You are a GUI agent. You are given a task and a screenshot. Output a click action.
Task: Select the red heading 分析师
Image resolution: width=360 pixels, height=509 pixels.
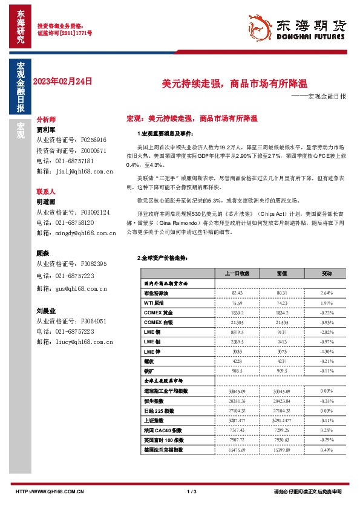pos(46,120)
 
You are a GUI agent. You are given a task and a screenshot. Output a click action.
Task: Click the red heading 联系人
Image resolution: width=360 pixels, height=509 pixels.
pos(46,190)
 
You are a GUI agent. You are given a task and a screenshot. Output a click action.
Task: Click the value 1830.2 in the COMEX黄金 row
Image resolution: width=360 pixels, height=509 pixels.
pos(237,312)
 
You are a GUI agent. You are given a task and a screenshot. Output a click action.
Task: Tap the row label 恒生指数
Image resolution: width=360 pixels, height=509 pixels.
pos(155,400)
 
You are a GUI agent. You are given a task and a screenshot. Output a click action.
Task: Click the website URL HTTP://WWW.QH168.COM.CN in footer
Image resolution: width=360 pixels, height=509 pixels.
pos(49,491)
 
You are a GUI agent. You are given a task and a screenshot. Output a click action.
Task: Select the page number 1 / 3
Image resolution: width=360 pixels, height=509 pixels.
pos(192,491)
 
